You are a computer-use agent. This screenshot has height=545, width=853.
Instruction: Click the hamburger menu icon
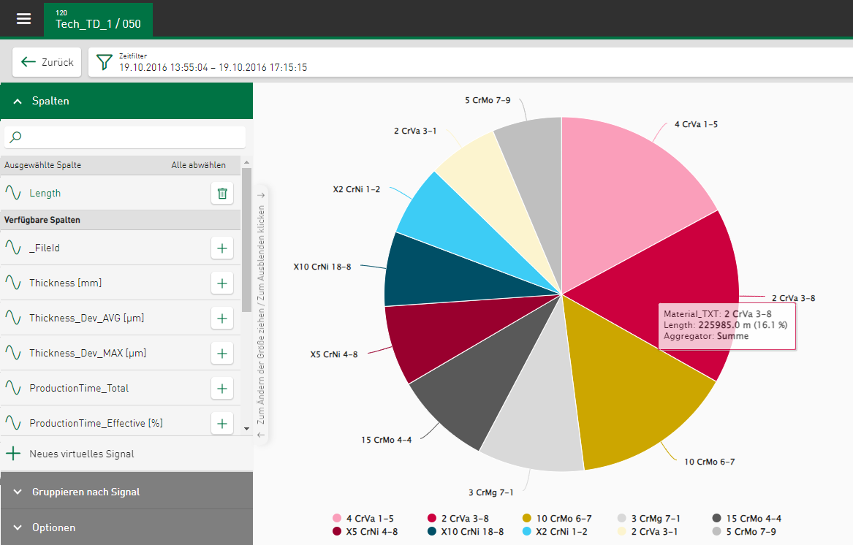tap(24, 18)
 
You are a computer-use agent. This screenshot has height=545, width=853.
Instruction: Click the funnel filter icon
tap(105, 62)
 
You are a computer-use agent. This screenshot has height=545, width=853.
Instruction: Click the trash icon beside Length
tap(222, 194)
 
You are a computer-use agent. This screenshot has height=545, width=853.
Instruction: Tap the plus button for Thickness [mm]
tap(222, 283)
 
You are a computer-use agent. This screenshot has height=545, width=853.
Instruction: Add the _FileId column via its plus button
tap(222, 248)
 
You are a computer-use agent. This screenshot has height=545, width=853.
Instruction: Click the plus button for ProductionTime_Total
tap(222, 388)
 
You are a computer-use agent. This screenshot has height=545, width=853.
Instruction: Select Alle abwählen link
tap(198, 165)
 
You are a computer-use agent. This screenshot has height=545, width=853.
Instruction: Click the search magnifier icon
tap(16, 137)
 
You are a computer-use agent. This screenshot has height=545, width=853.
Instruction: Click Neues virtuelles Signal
tap(81, 454)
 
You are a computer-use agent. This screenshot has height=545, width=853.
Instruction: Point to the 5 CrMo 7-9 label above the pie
tap(488, 99)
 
